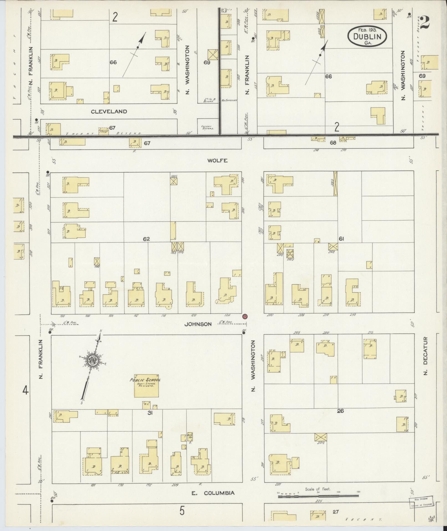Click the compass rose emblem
pyautogui.click(x=93, y=360)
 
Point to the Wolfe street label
pyautogui.click(x=218, y=160)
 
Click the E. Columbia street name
pyautogui.click(x=213, y=493)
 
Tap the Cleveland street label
pyautogui.click(x=109, y=112)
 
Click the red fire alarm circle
pyautogui.click(x=245, y=316)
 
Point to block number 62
pyautogui.click(x=146, y=239)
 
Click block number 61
pyautogui.click(x=341, y=239)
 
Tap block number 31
pyautogui.click(x=150, y=413)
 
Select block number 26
pyautogui.click(x=340, y=411)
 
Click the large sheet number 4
pyautogui.click(x=25, y=391)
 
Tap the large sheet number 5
pyautogui.click(x=182, y=511)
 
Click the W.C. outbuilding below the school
pyautogui.click(x=146, y=405)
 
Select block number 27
pyautogui.click(x=336, y=512)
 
